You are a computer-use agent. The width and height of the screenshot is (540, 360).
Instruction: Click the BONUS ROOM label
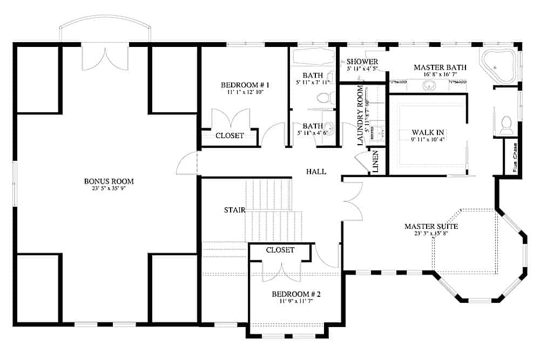click(109, 181)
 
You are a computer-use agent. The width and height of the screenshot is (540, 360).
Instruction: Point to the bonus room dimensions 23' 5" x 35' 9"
click(109, 188)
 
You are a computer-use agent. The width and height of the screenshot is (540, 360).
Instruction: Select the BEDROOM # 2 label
click(296, 294)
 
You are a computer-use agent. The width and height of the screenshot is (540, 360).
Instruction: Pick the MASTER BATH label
click(440, 67)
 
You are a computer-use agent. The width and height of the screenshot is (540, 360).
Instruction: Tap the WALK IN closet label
click(428, 132)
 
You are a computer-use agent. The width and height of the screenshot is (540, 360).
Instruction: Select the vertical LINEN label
click(375, 161)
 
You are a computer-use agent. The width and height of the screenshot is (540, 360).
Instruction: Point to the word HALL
click(316, 172)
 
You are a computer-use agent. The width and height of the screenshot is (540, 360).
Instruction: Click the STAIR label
click(235, 209)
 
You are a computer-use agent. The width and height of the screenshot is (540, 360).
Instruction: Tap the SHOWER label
click(362, 62)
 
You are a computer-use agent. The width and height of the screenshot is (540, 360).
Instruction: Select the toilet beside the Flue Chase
click(507, 125)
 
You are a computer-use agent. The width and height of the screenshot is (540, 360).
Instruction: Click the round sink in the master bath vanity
click(429, 85)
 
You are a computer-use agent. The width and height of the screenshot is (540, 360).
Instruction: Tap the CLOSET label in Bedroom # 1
click(230, 135)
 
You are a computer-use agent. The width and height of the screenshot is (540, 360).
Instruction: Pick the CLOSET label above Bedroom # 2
click(280, 250)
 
